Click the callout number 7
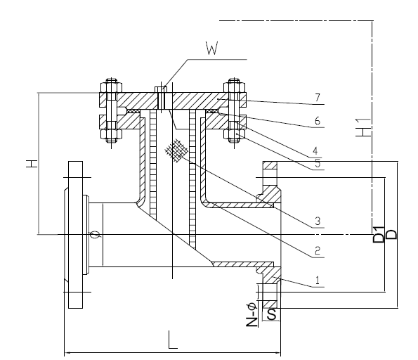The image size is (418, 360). pyautogui.click(x=318, y=98)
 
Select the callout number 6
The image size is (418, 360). pyautogui.click(x=317, y=121)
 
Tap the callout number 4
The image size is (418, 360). pyautogui.click(x=315, y=150)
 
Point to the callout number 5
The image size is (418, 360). pyautogui.click(x=318, y=163)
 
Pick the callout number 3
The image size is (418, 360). pyautogui.click(x=318, y=221)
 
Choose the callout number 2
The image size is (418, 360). pyautogui.click(x=317, y=250)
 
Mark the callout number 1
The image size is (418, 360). pyautogui.click(x=318, y=281)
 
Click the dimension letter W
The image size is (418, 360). pyautogui.click(x=212, y=48)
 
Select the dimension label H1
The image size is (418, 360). pyautogui.click(x=363, y=128)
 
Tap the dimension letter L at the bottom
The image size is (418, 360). pyautogui.click(x=173, y=340)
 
